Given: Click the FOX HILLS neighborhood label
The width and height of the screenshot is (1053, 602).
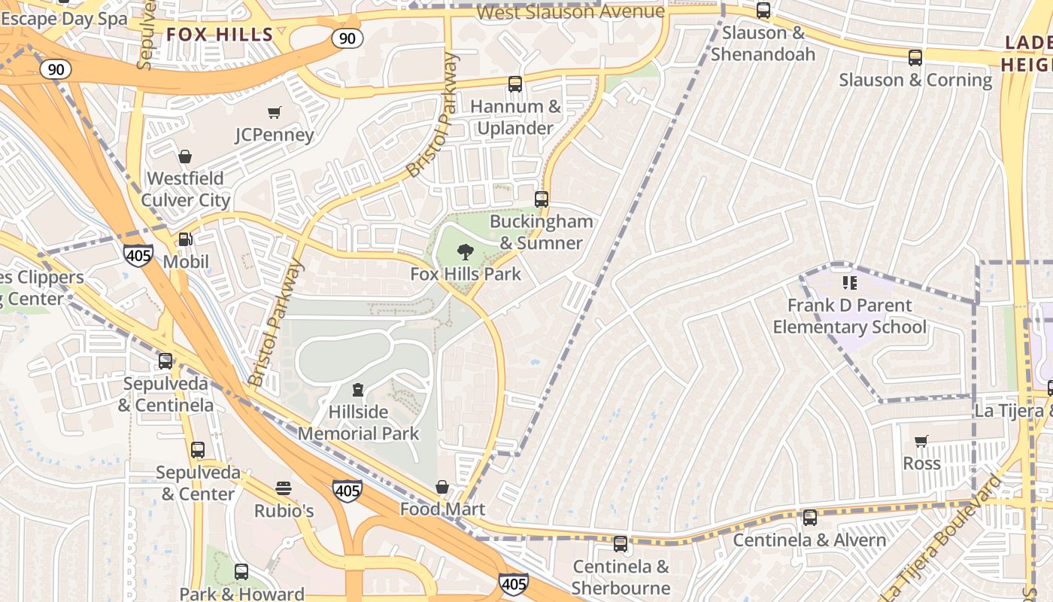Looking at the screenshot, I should (x=220, y=34).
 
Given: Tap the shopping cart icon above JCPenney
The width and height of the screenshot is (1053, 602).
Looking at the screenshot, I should (x=275, y=113).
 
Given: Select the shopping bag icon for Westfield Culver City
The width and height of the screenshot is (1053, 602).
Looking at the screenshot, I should (x=185, y=157).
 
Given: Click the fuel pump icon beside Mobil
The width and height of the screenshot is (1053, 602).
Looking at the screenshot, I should (x=185, y=239).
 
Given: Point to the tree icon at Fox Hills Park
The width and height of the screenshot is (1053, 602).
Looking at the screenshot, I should (x=466, y=252).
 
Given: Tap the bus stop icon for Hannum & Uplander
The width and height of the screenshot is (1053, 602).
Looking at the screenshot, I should (x=515, y=84).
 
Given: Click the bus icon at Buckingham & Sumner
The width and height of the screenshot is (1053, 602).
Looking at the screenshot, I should (x=542, y=199).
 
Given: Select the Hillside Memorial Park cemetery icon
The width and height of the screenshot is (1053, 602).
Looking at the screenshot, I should (x=358, y=390).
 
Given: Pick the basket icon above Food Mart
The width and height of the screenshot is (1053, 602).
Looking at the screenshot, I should (x=442, y=488).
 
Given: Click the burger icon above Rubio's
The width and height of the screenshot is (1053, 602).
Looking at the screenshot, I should (x=284, y=488).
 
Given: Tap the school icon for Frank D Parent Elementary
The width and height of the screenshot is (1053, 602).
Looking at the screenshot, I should (x=850, y=283).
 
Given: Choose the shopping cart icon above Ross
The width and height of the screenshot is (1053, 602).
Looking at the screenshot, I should (x=921, y=441).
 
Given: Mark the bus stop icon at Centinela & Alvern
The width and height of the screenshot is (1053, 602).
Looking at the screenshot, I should (x=810, y=518).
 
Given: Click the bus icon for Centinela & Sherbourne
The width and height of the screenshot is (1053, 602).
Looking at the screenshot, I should (x=621, y=543).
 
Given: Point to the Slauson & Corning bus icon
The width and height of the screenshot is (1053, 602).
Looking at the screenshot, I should (x=915, y=57).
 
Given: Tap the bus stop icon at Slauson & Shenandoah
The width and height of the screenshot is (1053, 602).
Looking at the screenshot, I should (x=763, y=11).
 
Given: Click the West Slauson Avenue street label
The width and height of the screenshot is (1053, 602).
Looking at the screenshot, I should (x=571, y=12).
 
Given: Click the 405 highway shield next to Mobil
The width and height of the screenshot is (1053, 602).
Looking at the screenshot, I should (x=139, y=256).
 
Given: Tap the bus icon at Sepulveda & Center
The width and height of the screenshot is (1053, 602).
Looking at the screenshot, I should (x=198, y=450).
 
